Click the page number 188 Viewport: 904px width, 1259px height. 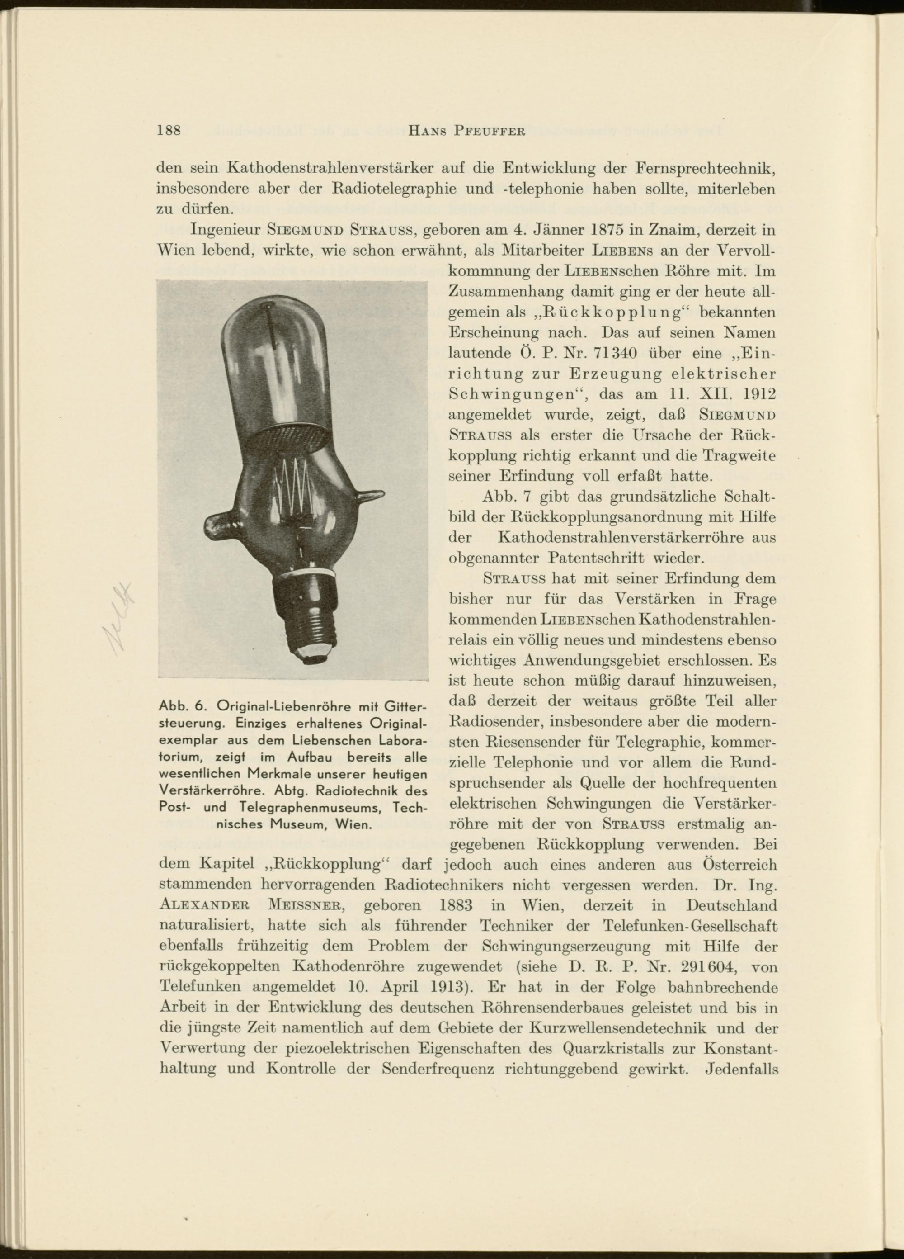click(x=170, y=131)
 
